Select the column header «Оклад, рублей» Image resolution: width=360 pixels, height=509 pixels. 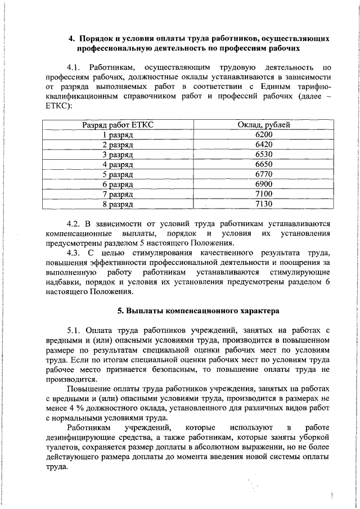point(263,125)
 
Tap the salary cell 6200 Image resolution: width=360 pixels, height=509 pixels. point(263,135)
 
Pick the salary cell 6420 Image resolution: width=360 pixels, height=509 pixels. point(263,145)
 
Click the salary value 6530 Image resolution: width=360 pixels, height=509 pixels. point(263,154)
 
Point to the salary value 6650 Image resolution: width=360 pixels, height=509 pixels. point(263,164)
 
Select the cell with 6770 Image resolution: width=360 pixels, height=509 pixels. point(263,174)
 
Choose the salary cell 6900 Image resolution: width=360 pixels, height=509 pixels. point(263,184)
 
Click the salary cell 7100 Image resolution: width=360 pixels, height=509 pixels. point(263,193)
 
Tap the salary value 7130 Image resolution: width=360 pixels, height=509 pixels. point(263,204)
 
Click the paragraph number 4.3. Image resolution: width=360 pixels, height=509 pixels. point(75,253)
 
